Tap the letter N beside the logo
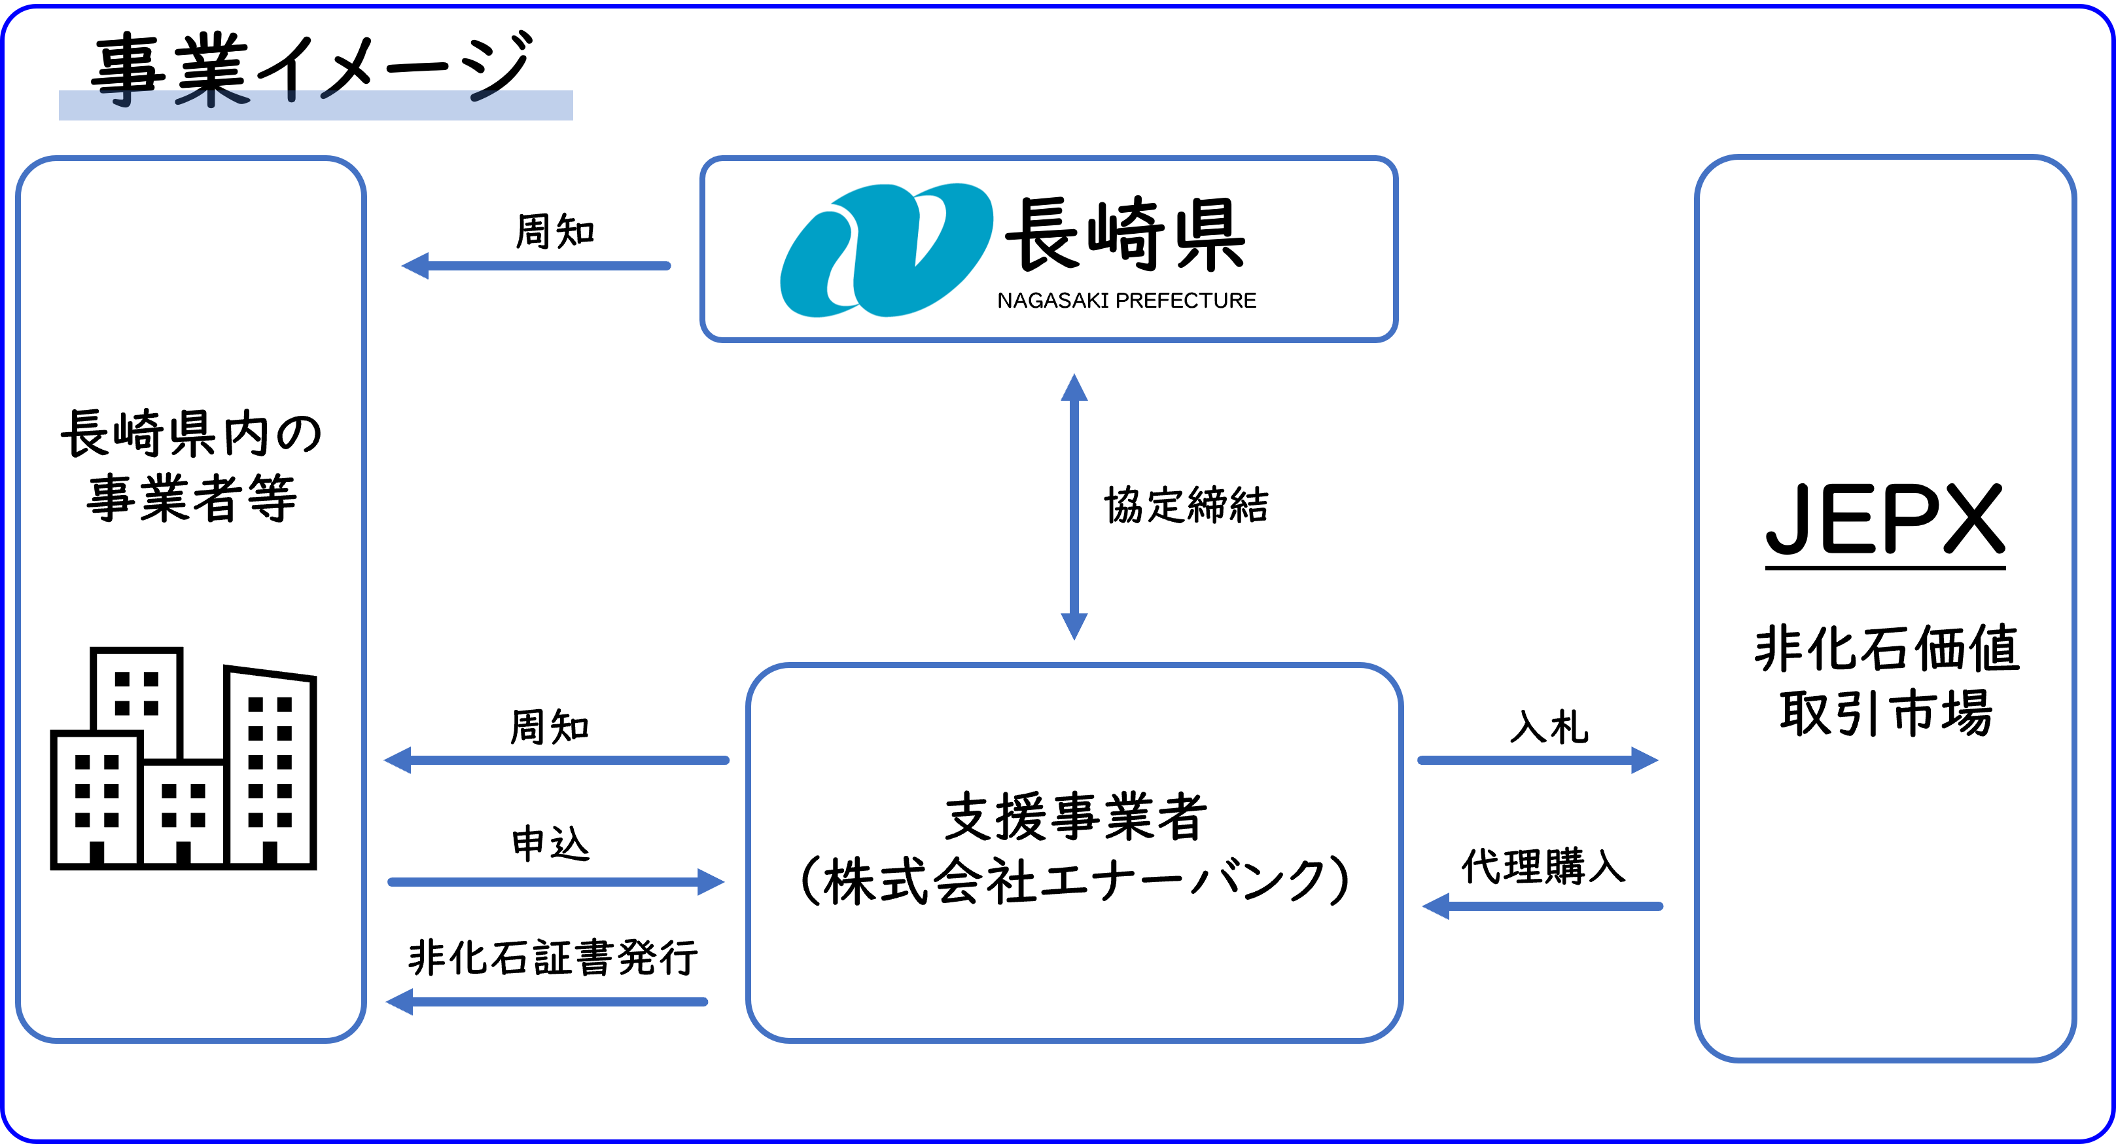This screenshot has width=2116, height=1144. click(1003, 301)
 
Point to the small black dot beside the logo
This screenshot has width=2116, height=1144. click(1008, 236)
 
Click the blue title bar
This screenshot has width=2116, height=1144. click(315, 105)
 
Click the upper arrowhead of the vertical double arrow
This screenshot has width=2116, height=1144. click(1074, 388)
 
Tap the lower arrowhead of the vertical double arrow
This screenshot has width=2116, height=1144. click(1074, 625)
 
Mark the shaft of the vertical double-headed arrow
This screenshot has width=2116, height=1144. click(1074, 506)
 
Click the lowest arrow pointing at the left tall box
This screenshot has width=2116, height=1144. click(546, 1002)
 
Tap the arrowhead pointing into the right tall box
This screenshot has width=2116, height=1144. click(1644, 760)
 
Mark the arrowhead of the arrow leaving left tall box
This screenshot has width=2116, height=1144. click(710, 883)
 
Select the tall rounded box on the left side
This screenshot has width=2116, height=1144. click(190, 599)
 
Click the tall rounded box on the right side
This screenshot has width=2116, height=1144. click(1885, 608)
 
